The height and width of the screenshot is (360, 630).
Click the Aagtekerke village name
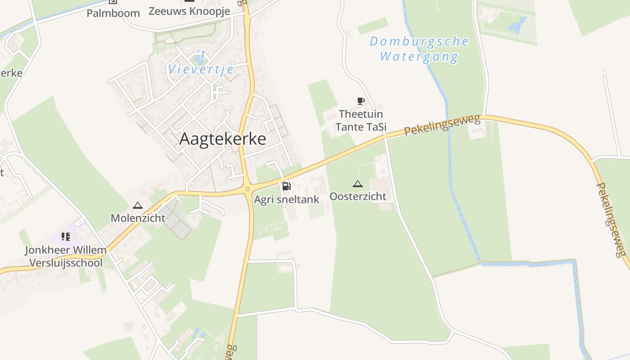(x=222, y=139)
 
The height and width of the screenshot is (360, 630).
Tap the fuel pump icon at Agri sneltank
(x=286, y=186)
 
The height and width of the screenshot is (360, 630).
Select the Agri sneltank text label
(x=287, y=199)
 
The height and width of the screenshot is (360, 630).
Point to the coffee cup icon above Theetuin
(x=360, y=101)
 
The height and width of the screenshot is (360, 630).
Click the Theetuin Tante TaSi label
(x=361, y=121)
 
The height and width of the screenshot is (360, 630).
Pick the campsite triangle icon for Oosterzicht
(x=358, y=184)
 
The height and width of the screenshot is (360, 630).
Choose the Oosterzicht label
(x=358, y=196)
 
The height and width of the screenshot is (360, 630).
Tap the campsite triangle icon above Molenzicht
(x=138, y=206)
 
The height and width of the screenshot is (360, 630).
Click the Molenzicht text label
(x=138, y=218)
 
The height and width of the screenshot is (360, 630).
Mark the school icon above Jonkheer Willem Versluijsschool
(x=66, y=237)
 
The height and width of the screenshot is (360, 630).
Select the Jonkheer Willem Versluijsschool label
(x=66, y=256)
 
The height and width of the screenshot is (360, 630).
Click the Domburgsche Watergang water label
(x=419, y=49)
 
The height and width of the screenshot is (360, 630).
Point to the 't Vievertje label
(x=201, y=63)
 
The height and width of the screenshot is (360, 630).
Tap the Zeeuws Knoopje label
(x=189, y=11)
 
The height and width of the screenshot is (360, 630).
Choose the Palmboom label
(x=113, y=13)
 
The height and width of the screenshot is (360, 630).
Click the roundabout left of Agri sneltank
(x=247, y=189)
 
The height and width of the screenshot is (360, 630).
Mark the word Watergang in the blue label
(x=419, y=57)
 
